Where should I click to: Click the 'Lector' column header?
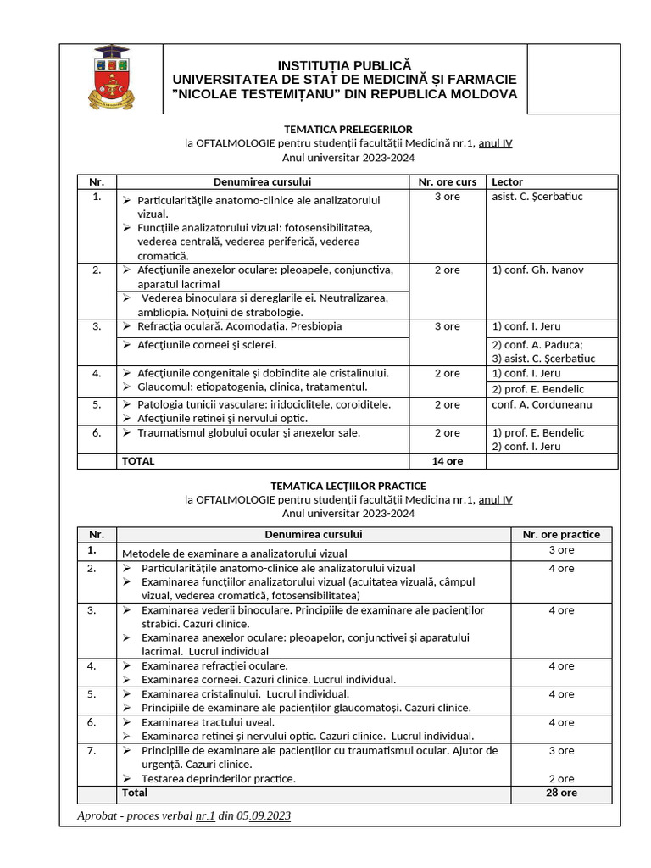pos(507,181)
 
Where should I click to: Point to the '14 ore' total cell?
pos(447,461)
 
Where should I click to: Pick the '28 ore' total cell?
pos(560,793)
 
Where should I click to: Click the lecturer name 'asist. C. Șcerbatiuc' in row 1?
pos(537,197)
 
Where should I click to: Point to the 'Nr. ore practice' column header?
pos(560,534)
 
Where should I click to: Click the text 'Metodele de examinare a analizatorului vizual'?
pos(235,553)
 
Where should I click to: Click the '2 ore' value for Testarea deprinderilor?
pos(560,778)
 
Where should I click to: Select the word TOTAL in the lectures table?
pos(139,461)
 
